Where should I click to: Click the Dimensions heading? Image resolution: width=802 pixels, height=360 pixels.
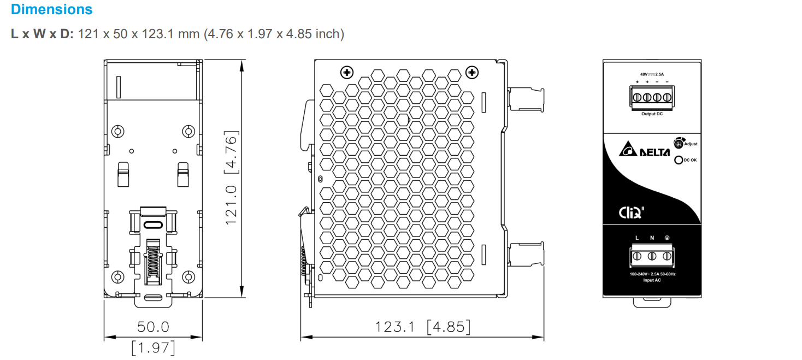[x=51, y=9]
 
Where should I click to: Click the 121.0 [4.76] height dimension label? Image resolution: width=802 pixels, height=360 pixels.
[x=231, y=178]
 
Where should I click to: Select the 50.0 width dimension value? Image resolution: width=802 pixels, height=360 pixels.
[x=153, y=327]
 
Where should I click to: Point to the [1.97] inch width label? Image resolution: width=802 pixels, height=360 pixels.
[x=153, y=347]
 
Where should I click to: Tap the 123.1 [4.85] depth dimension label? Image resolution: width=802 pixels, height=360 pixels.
[x=422, y=327]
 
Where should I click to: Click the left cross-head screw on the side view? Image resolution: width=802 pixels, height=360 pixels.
[x=346, y=72]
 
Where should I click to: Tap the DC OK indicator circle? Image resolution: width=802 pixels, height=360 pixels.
[x=679, y=160]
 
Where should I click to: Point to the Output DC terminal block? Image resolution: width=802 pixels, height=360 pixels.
[x=652, y=97]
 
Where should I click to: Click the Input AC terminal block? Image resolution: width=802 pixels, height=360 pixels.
[x=652, y=256]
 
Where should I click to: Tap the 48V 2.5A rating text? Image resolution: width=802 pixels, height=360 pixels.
[x=652, y=74]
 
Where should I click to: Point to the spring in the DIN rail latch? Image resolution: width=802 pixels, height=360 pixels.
[x=152, y=261]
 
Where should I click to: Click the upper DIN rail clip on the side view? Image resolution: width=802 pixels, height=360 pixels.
[x=526, y=99]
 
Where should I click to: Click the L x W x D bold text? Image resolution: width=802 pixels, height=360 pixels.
[x=42, y=34]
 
